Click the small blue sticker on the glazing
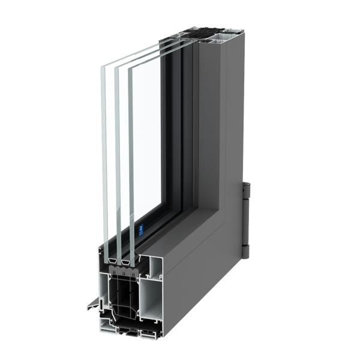[140, 229]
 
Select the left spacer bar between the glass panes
[113, 262]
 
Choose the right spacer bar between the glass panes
[127, 263]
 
